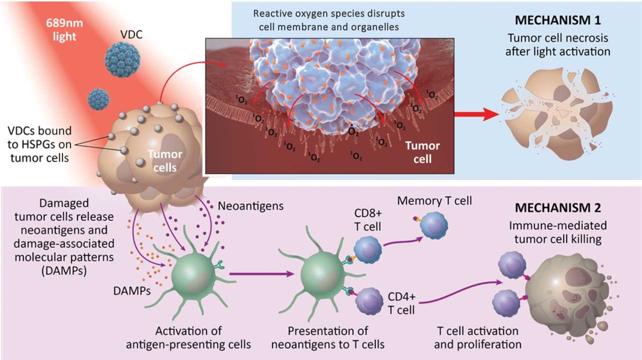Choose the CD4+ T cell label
coord(402,302)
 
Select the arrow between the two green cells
coord(261,274)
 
